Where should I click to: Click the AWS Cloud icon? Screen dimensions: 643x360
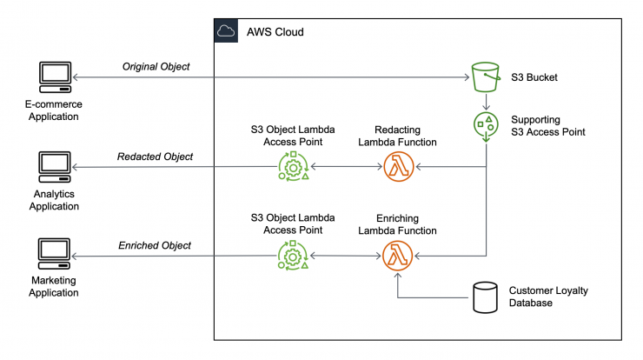(x=226, y=30)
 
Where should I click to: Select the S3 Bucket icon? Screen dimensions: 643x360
(x=486, y=77)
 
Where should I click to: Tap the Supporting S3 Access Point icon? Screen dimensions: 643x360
(x=486, y=126)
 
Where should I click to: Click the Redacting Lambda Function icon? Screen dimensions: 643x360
(x=398, y=167)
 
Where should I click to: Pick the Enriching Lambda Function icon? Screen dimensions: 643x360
(x=397, y=256)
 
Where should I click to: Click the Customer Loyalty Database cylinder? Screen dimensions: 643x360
(x=485, y=297)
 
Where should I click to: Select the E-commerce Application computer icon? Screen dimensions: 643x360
(x=56, y=77)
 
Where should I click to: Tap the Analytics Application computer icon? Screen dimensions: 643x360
(x=55, y=167)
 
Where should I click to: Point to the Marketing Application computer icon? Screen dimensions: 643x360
(x=54, y=254)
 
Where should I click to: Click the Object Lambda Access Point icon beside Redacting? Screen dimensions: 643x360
(x=293, y=166)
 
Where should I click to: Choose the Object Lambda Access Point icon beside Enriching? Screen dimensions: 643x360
(x=293, y=256)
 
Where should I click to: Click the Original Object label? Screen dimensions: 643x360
(x=156, y=66)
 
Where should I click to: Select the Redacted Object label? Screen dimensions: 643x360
(x=155, y=157)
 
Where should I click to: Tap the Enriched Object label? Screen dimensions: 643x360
(x=155, y=245)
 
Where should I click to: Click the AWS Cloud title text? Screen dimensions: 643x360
(x=275, y=32)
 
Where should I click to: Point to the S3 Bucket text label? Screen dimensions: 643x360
(x=534, y=77)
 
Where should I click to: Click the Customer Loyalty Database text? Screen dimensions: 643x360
(x=548, y=297)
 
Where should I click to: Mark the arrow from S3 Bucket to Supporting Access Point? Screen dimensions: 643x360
(x=486, y=102)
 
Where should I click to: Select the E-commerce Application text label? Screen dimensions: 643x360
(x=54, y=110)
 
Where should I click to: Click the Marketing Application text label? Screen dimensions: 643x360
(x=54, y=286)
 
